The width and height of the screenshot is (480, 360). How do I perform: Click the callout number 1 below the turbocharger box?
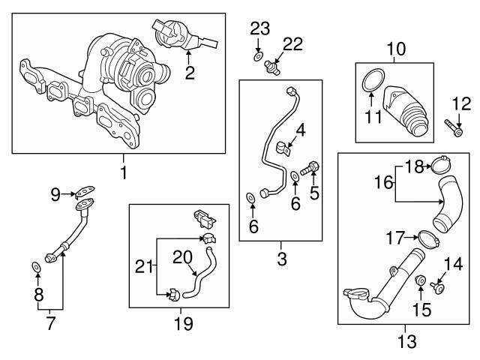pos(123,173)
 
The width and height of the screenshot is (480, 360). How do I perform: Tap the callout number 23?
pos(259,29)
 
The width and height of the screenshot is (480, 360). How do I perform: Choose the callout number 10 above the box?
pos(395,51)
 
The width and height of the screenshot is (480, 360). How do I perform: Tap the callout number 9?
pos(55,195)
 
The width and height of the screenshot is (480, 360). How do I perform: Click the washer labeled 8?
pos(36,267)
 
